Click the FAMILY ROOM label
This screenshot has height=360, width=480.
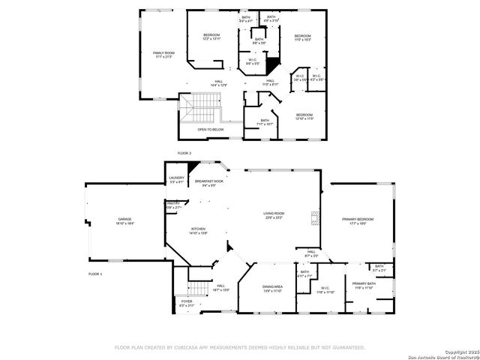[x=163, y=54]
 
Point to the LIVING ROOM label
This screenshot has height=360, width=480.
[x=273, y=215]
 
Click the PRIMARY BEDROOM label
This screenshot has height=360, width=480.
[x=358, y=220]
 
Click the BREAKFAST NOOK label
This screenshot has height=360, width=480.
[x=209, y=182]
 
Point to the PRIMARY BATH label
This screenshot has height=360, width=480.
[x=363, y=286]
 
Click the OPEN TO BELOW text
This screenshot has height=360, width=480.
[x=211, y=130]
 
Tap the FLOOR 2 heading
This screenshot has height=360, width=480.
[x=184, y=153]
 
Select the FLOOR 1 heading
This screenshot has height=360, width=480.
[x=95, y=274]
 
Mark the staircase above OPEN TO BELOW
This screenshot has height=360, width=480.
[x=199, y=112]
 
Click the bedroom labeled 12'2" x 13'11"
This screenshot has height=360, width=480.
[x=212, y=37]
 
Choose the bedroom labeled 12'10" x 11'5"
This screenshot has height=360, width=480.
[x=304, y=116]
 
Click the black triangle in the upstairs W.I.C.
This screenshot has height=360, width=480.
[x=274, y=64]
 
